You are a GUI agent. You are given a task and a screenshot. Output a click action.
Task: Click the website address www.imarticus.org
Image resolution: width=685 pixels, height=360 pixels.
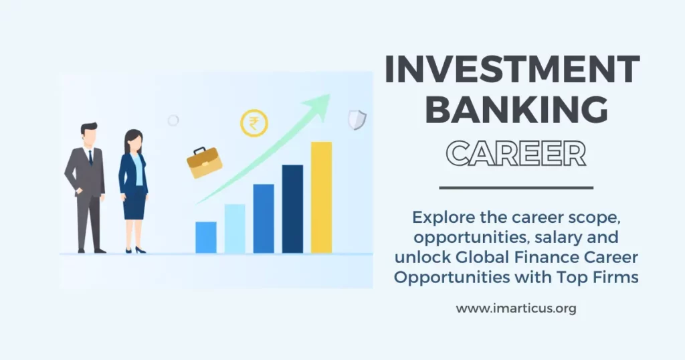[516, 308]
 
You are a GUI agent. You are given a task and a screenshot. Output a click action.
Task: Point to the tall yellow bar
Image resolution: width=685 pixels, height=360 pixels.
[321, 197]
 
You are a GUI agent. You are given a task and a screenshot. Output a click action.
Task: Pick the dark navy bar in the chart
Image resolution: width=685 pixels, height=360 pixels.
[292, 209]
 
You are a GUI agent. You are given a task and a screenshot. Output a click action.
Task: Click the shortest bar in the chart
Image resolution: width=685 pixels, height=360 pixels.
[206, 237]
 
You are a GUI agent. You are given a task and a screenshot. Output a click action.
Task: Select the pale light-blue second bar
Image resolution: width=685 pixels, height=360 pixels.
[235, 228]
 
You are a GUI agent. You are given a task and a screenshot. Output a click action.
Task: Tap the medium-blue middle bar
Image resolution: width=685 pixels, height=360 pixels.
[264, 218]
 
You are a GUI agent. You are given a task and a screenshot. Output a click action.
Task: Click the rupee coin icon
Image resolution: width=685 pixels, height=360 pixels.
[254, 124]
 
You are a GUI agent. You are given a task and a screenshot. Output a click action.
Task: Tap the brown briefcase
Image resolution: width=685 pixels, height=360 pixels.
[204, 163]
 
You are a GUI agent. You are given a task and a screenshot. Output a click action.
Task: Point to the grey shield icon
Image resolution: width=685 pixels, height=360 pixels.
[357, 119]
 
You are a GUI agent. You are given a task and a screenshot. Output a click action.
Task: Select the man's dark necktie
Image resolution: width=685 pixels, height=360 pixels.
[90, 157]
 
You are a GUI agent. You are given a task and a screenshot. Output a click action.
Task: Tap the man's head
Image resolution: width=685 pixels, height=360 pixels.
[89, 133]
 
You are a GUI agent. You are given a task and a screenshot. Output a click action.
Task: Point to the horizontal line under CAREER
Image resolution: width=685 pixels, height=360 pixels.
[516, 188]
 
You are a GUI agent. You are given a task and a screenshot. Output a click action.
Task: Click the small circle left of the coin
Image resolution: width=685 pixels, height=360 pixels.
[173, 120]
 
